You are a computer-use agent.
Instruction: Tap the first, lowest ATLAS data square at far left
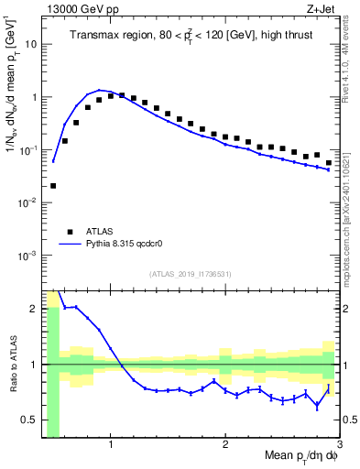tap(53, 186)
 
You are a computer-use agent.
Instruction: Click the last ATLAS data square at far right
tap(329, 163)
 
